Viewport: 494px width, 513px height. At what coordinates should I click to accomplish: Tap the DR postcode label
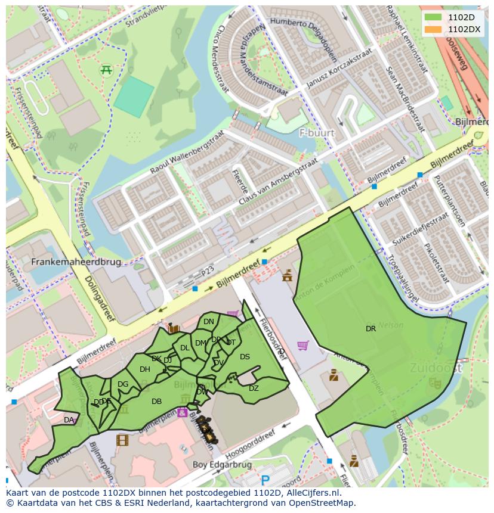(x=370, y=328)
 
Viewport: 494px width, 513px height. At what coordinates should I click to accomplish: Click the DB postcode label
(x=156, y=402)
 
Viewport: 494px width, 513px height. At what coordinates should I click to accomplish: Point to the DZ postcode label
(x=254, y=388)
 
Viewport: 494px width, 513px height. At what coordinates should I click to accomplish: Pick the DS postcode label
(x=245, y=357)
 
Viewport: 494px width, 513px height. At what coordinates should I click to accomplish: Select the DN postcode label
(x=208, y=322)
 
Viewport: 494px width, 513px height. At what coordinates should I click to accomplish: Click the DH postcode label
(x=144, y=369)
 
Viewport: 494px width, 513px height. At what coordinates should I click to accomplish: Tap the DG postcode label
(x=123, y=384)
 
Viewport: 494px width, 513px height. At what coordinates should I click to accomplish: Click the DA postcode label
(x=69, y=420)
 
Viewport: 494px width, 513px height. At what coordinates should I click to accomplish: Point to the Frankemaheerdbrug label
(x=76, y=262)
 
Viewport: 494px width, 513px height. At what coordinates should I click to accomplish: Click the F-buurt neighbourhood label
(x=317, y=133)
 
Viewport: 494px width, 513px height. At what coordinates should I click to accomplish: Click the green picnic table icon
(x=107, y=70)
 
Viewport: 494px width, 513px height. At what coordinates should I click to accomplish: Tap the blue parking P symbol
(x=265, y=480)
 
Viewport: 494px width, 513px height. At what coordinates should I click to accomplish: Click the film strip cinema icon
(x=122, y=440)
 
